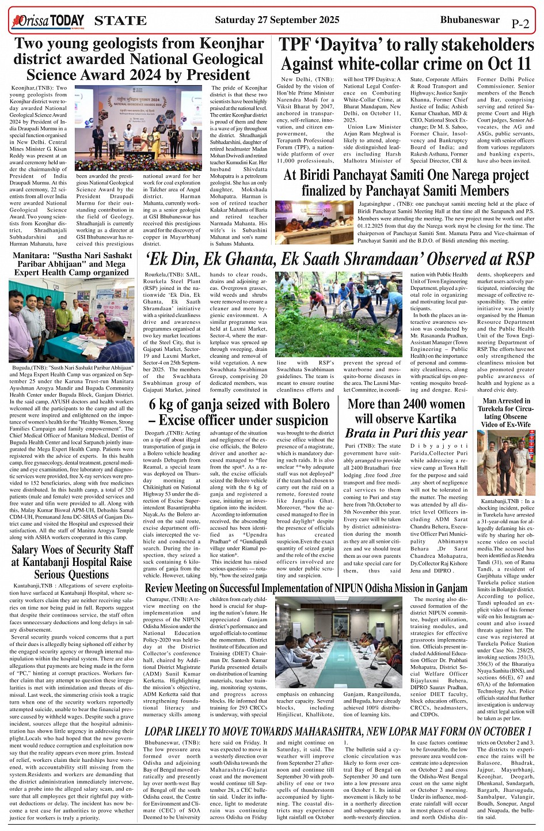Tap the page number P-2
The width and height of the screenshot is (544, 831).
pos(519,24)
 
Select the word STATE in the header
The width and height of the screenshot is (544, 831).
pos(120,21)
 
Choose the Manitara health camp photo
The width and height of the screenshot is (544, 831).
pos(71,320)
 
